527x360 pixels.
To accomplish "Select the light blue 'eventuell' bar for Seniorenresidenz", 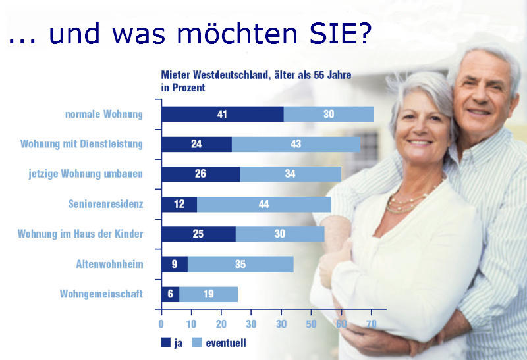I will coord(263,205).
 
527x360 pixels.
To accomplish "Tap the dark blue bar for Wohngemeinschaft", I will coord(170,294).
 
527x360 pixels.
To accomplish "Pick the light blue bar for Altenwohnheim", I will coord(240,265).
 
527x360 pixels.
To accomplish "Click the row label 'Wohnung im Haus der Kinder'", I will coord(80,234).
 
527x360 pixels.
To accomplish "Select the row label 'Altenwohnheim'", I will coord(109,265).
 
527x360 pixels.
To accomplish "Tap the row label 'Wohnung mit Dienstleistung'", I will coord(82,144).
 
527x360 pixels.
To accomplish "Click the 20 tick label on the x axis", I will coord(221,324).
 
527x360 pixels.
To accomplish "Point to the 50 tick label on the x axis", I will coord(312,324).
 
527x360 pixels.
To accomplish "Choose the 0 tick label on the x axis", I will coord(161,324).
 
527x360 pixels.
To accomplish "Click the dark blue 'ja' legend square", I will coord(165,342).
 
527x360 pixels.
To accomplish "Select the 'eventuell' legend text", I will coord(226,343).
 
